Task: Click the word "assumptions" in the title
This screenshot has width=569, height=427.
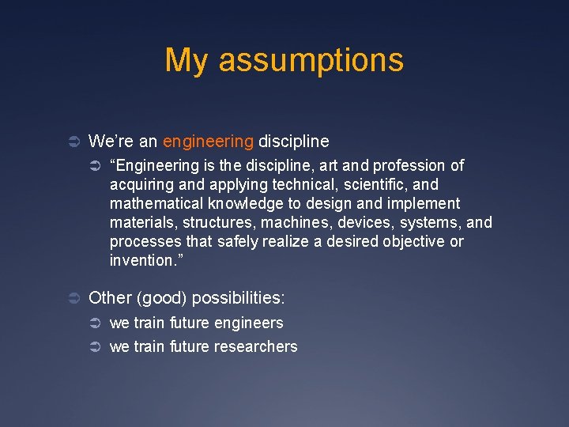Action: pos(311,61)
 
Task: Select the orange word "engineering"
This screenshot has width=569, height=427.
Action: pos(208,142)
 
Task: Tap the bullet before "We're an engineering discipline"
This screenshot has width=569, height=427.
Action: pos(73,142)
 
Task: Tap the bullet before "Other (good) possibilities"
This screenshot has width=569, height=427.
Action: pos(73,298)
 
